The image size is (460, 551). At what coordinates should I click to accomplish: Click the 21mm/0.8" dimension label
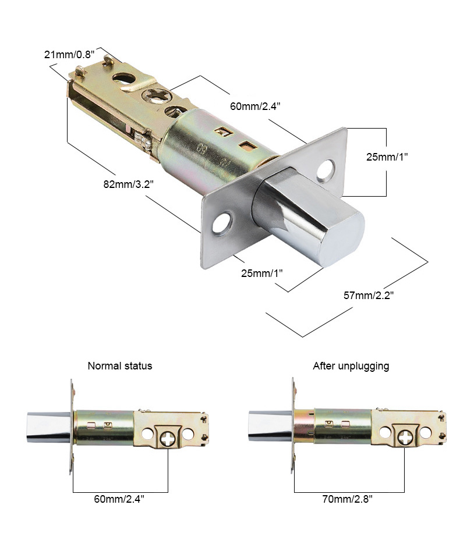(x=69, y=55)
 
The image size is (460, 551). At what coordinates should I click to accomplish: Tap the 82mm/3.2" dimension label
(x=128, y=184)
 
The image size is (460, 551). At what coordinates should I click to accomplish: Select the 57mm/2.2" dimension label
(x=368, y=295)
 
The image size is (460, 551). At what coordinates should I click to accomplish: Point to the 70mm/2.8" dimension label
(x=347, y=499)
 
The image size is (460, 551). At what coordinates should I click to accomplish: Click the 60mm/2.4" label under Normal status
(x=119, y=499)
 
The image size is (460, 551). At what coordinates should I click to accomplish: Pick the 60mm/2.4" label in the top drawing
(x=255, y=106)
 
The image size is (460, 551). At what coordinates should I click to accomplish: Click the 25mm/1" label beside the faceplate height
(x=387, y=157)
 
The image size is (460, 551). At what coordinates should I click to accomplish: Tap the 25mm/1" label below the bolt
(x=261, y=273)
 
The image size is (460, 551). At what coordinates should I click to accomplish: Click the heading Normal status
(x=120, y=366)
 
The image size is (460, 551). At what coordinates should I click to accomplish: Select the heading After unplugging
(x=351, y=366)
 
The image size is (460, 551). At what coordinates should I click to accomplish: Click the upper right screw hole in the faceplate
(x=325, y=170)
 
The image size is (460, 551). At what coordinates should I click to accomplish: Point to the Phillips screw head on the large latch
(x=155, y=95)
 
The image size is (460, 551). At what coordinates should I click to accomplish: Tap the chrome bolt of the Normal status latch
(x=49, y=426)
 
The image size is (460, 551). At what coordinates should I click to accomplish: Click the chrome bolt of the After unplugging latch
(x=270, y=425)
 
